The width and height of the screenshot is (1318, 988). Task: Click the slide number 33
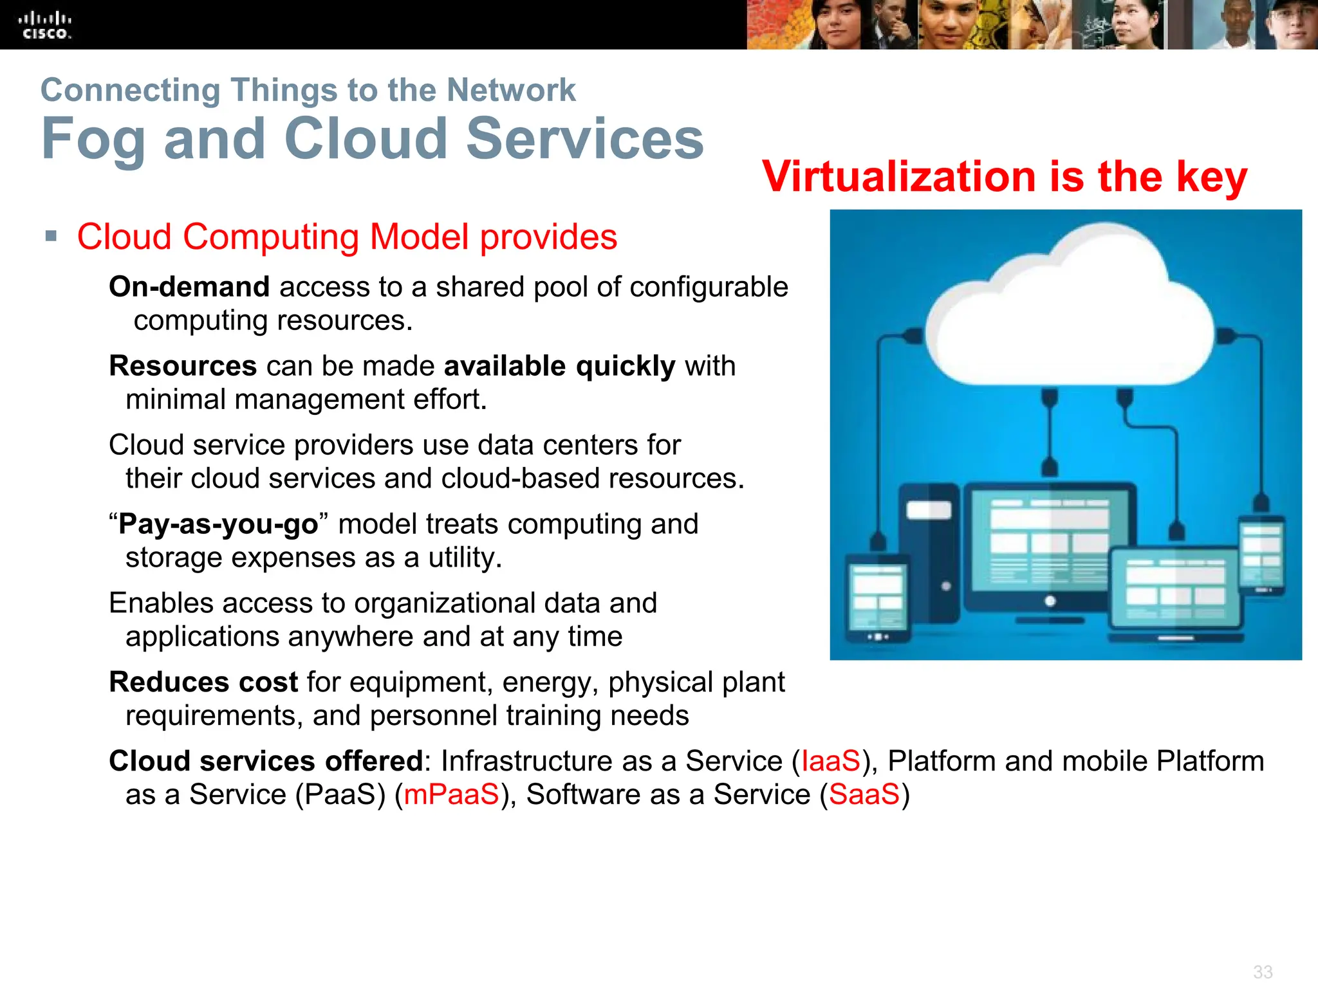point(1263,971)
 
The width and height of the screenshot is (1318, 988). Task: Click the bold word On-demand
point(189,287)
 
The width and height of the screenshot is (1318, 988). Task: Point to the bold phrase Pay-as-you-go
point(218,524)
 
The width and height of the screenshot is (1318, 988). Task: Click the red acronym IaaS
point(830,761)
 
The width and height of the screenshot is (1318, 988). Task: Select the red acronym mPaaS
point(451,794)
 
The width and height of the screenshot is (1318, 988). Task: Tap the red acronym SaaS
point(864,794)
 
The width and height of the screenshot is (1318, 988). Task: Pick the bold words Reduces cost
point(203,682)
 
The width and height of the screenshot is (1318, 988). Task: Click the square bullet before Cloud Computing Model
point(51,236)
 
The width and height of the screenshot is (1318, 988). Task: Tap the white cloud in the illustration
point(1068,315)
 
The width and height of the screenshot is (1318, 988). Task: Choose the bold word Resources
point(183,366)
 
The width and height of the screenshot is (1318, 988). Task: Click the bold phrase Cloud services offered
point(266,761)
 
